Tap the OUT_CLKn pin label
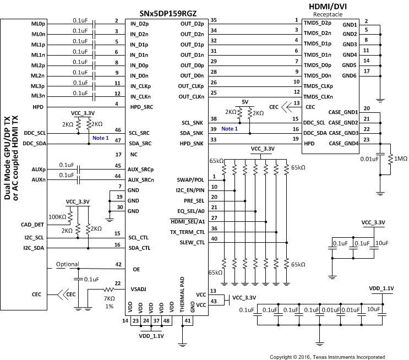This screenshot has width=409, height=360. click(191, 97)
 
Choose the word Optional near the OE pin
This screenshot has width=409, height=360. click(68, 265)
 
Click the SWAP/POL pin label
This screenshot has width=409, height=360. click(190, 180)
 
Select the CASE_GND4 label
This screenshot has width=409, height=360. click(343, 144)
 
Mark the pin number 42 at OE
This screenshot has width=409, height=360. click(117, 264)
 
